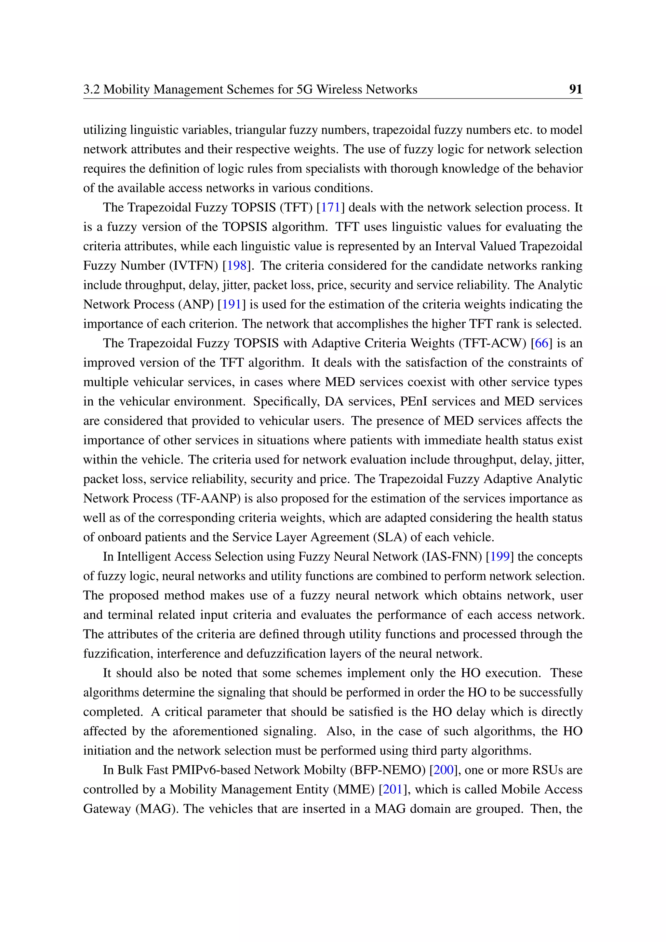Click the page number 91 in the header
point(575,89)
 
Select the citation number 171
point(330,207)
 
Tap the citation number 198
point(237,265)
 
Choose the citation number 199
point(499,557)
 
